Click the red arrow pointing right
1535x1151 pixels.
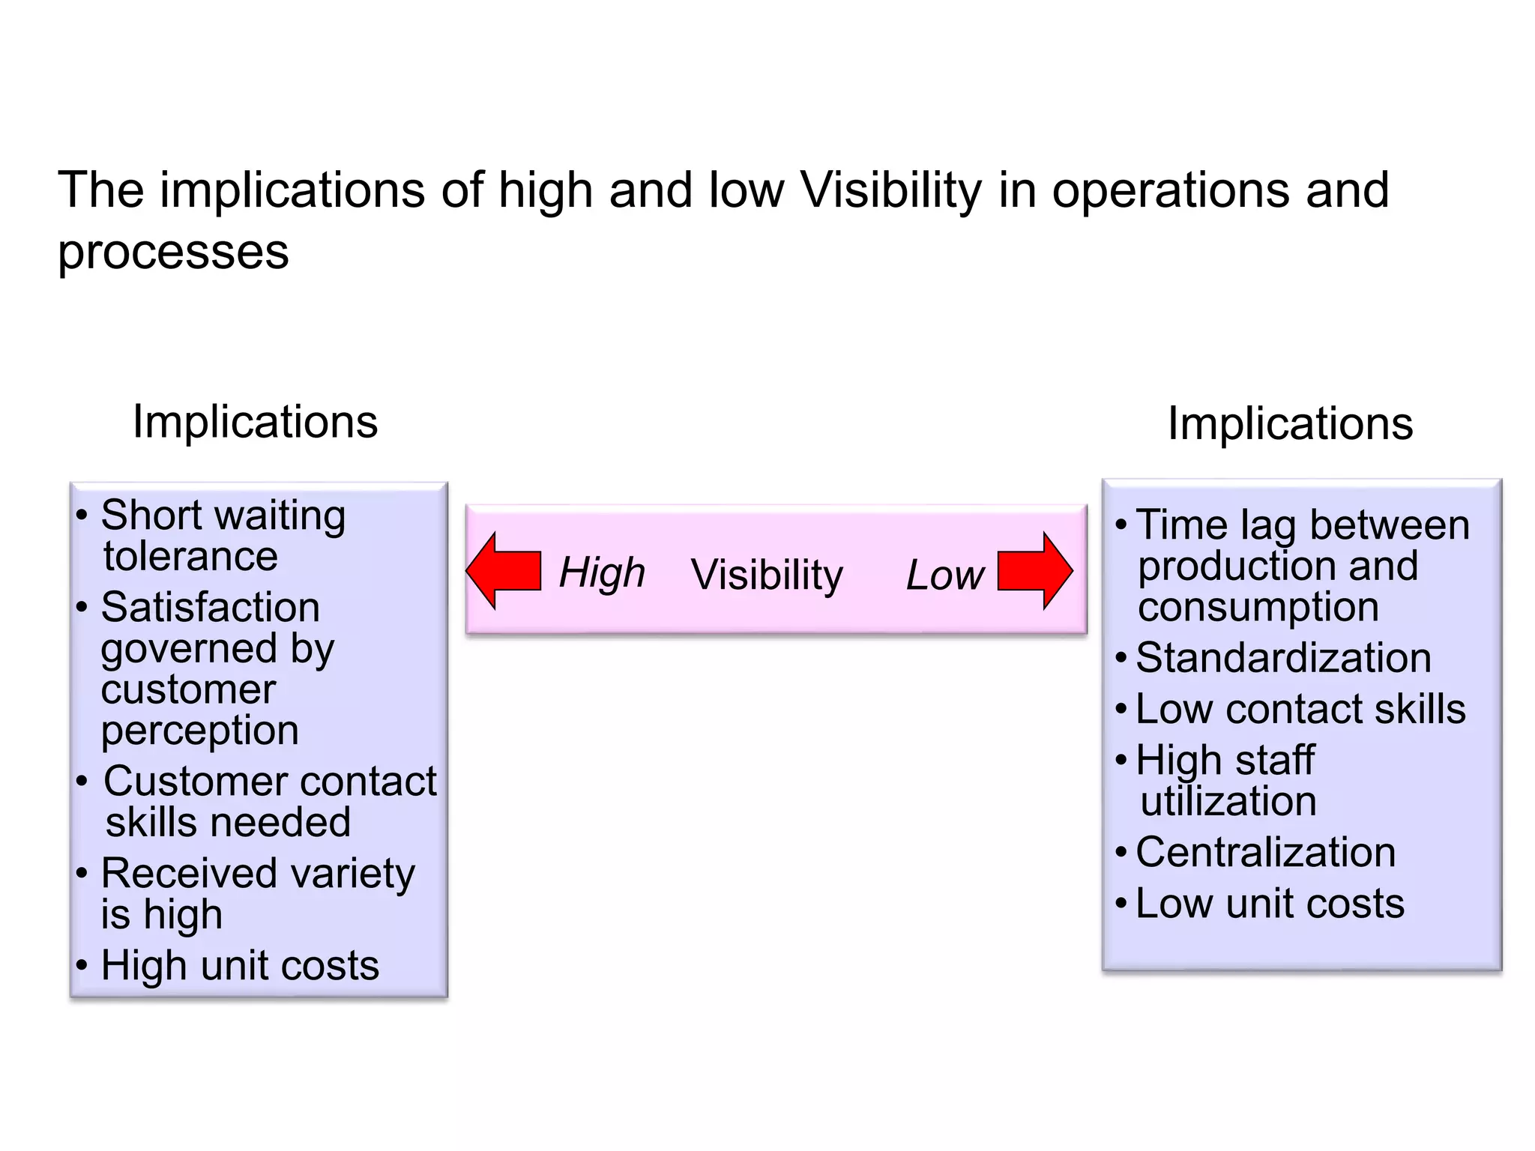[1035, 571]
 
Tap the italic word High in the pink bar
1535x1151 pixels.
[602, 573]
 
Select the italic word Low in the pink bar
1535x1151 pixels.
[944, 575]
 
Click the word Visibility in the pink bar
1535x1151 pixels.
[767, 575]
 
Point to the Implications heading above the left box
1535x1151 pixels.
[255, 422]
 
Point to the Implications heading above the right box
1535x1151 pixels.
[1290, 424]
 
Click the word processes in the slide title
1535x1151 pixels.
[173, 253]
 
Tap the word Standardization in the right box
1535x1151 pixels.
[1283, 658]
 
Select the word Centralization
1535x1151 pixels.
[1265, 853]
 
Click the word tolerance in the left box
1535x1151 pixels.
[190, 556]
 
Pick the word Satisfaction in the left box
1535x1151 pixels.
[210, 607]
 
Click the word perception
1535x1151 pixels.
[199, 731]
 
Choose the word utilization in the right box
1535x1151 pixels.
[1228, 801]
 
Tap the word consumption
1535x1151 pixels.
[1258, 607]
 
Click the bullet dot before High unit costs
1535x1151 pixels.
[82, 965]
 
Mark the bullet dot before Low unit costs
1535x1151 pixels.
[1121, 903]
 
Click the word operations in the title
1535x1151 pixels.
[1170, 190]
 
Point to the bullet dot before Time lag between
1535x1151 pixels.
[1121, 525]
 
